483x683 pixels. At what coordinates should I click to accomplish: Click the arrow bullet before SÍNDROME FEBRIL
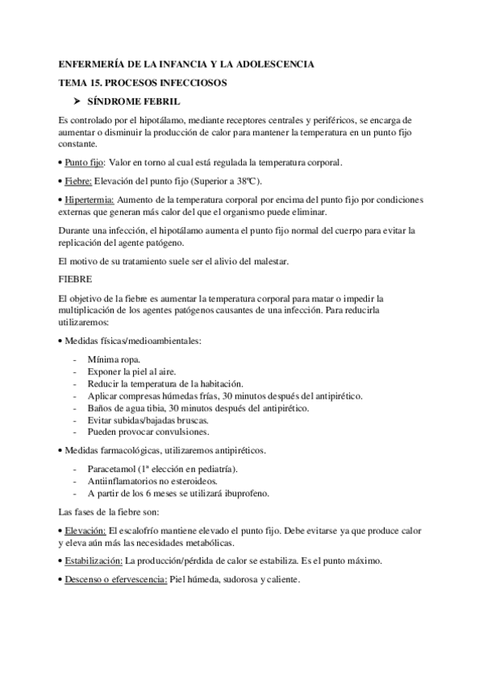pos(79,101)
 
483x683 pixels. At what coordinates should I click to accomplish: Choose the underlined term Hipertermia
pos(90,199)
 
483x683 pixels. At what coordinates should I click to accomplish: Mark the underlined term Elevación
pos(85,531)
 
